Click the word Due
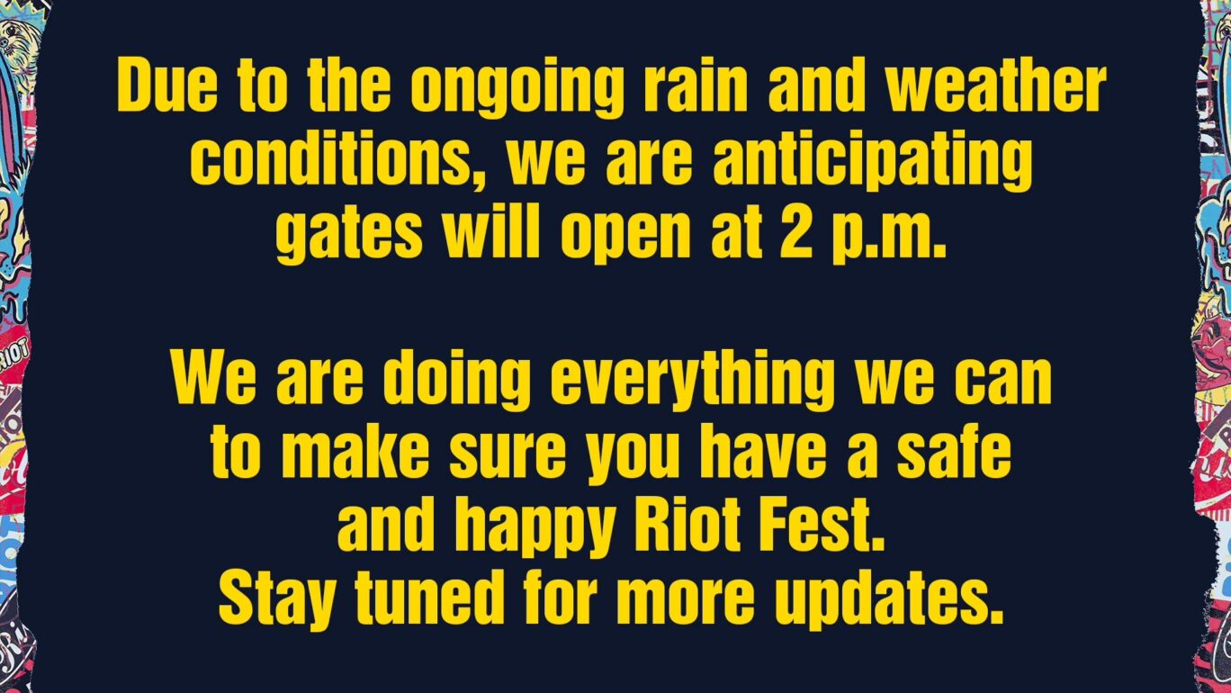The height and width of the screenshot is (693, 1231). (166, 87)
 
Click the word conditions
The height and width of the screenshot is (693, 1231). (342, 162)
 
